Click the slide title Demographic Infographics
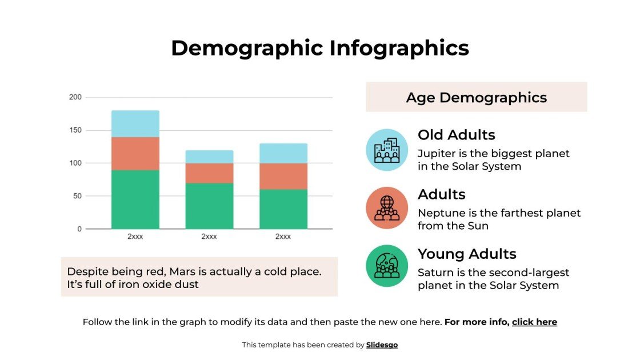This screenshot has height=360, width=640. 320,48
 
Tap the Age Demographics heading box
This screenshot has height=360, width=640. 476,97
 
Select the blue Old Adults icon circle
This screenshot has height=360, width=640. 387,150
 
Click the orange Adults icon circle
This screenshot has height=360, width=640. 387,208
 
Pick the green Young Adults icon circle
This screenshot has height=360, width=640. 387,266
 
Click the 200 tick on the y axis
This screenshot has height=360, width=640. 75,97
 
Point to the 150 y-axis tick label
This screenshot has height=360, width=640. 75,130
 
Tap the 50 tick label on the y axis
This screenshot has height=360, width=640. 77,196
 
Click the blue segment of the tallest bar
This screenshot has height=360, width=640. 135,123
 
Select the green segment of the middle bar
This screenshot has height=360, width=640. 209,206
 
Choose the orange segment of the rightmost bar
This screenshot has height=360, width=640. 283,176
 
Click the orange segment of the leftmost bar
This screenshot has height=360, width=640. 135,153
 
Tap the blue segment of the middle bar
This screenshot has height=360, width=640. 209,157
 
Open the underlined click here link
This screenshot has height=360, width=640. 534,322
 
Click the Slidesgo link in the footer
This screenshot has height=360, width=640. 382,345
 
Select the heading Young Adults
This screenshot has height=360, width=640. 467,254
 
